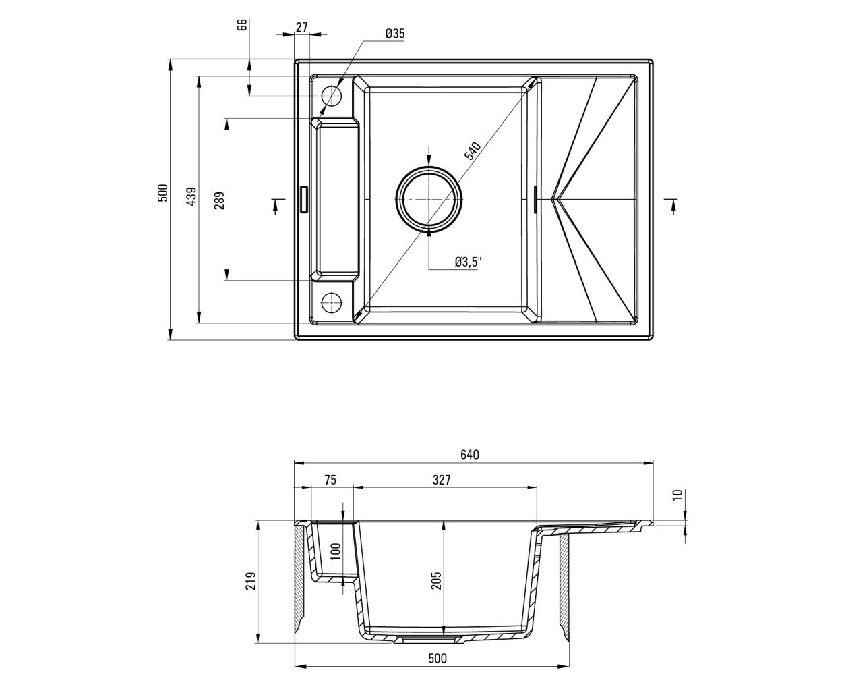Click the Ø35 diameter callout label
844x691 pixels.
[394, 34]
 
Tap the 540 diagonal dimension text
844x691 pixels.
[473, 150]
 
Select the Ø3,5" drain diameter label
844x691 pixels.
[468, 262]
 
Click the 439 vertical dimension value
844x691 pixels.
[192, 196]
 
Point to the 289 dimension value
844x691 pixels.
[219, 200]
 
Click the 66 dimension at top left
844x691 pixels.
[243, 25]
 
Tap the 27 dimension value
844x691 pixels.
[302, 27]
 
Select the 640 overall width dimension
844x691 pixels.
[469, 454]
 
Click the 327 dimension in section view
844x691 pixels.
[442, 480]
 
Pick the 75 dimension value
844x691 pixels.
[330, 480]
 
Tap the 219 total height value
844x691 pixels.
[251, 580]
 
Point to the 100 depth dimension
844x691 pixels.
[336, 551]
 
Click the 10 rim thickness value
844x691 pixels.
[676, 495]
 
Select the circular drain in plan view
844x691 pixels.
[429, 199]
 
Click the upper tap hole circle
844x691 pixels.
[332, 96]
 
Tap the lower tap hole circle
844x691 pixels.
[332, 302]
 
